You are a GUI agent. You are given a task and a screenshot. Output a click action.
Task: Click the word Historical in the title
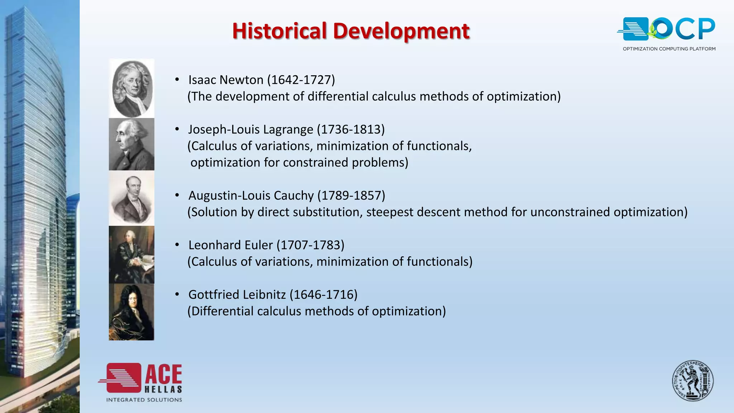click(279, 31)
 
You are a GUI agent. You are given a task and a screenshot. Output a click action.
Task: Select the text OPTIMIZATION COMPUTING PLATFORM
click(669, 49)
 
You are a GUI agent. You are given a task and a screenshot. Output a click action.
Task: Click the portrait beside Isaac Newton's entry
click(132, 89)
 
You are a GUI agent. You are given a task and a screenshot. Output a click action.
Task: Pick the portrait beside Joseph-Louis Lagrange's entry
click(132, 144)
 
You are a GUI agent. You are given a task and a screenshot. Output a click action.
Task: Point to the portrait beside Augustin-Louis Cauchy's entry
click(132, 198)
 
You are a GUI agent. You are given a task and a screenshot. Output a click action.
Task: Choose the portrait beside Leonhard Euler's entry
click(132, 255)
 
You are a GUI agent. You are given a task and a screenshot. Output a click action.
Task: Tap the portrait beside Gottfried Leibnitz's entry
click(132, 312)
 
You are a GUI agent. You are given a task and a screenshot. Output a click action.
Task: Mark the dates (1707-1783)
click(310, 245)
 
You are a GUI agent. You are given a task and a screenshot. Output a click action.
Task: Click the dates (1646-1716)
click(323, 294)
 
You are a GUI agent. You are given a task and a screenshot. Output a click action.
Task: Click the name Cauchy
click(294, 195)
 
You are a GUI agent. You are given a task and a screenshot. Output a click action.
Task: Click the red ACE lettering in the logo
click(163, 375)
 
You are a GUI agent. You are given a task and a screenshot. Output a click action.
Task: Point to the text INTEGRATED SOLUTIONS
click(144, 400)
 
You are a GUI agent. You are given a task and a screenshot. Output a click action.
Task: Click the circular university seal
click(692, 381)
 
